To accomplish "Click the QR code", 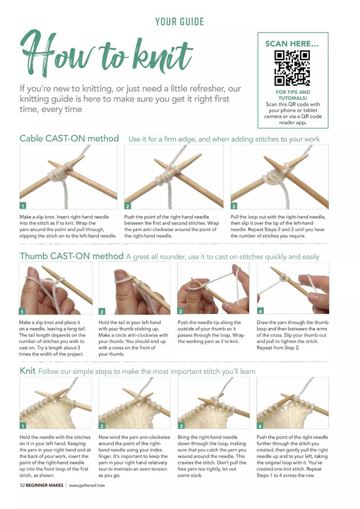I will (x=292, y=67).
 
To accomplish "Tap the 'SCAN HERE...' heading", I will (x=292, y=43).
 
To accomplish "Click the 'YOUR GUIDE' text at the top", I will (x=179, y=22).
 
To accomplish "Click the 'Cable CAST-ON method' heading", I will (x=69, y=138).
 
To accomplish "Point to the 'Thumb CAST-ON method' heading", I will (x=71, y=256).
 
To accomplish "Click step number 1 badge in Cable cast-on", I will (x=23, y=206).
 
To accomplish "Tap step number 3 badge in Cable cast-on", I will (x=234, y=206).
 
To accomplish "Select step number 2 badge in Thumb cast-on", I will (x=102, y=311).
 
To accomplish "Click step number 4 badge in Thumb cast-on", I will (x=260, y=311).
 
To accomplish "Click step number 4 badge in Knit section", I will (x=260, y=426).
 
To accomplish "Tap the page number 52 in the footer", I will (x=22, y=485).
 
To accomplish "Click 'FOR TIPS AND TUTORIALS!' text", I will (x=292, y=95).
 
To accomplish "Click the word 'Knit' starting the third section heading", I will (x=28, y=371).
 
